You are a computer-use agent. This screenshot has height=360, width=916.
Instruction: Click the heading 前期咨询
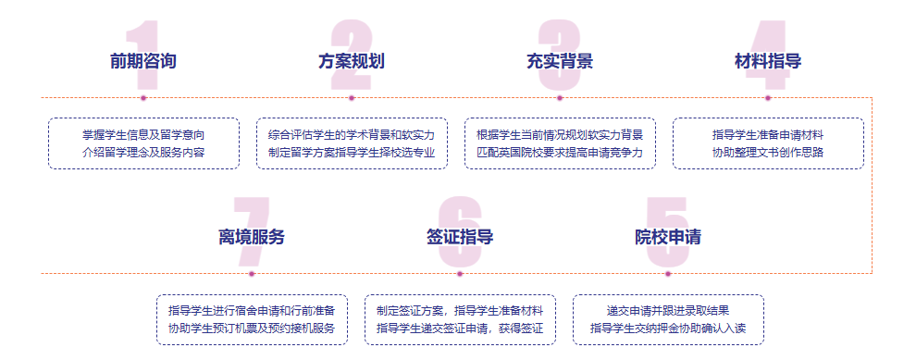click(x=142, y=62)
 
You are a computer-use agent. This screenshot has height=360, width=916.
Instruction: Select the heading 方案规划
click(x=352, y=62)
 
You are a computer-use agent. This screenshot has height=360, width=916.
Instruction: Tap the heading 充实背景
click(x=560, y=62)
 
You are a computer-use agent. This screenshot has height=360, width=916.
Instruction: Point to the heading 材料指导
click(x=768, y=62)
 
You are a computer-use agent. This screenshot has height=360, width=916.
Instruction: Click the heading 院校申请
click(x=668, y=237)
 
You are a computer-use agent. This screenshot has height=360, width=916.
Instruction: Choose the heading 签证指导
click(x=460, y=237)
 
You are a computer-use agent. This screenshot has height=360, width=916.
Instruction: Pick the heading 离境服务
click(x=252, y=237)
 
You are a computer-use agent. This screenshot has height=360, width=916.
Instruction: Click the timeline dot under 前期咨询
click(x=143, y=97)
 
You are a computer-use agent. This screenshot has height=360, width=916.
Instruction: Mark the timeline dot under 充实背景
click(x=560, y=97)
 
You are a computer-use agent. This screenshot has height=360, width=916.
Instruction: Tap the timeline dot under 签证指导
click(x=460, y=273)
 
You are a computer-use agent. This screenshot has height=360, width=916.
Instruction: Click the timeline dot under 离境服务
click(x=252, y=273)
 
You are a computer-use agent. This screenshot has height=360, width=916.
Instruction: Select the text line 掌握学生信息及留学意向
click(x=143, y=134)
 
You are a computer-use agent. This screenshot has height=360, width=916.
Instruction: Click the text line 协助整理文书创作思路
click(x=768, y=153)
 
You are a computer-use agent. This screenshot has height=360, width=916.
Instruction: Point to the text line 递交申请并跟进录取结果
click(x=668, y=310)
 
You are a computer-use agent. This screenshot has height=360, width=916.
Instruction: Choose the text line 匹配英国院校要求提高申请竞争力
click(x=560, y=153)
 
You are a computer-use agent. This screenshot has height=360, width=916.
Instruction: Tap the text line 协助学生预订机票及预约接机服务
click(x=252, y=329)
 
